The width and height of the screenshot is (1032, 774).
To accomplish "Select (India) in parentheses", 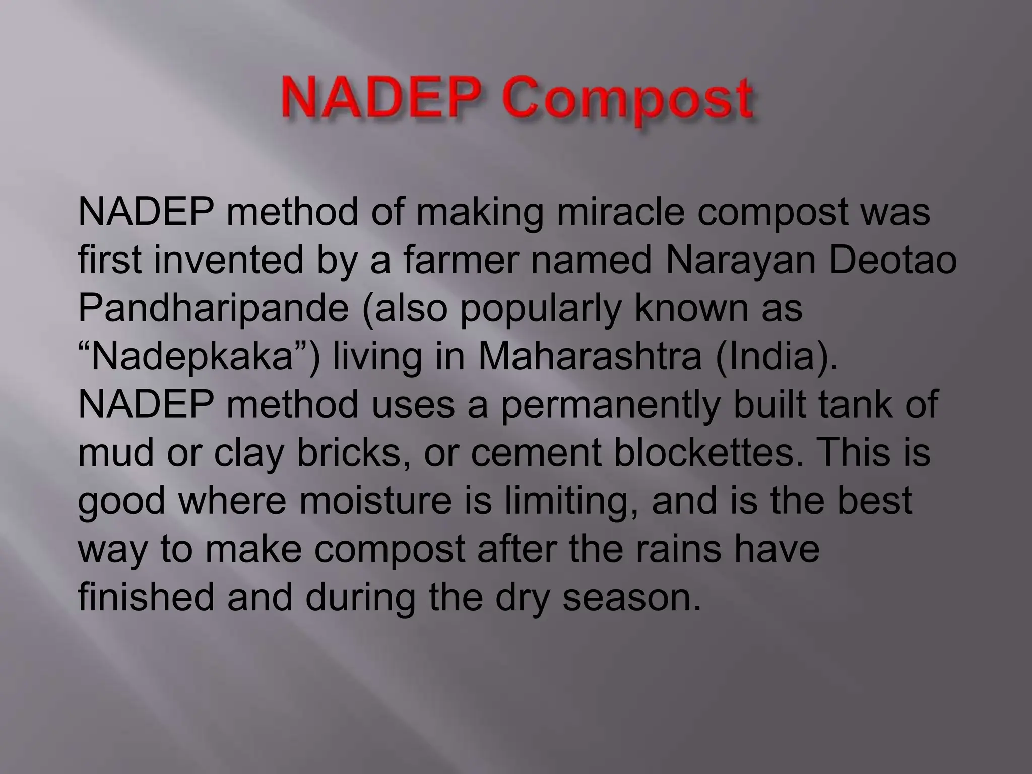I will (776, 358).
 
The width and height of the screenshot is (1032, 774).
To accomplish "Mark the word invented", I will (228, 262).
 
